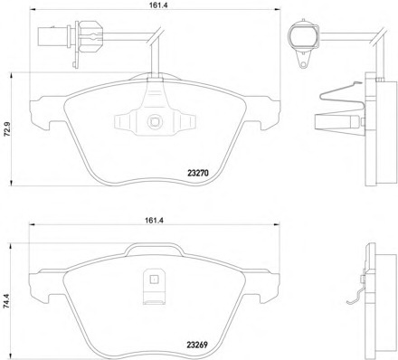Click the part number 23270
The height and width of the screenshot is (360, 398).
pos(198,173)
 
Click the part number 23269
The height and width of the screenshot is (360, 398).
pos(197,345)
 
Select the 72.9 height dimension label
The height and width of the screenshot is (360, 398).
pos(6,129)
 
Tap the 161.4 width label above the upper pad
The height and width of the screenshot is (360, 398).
pos(154,5)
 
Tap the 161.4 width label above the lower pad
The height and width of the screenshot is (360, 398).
pos(154,220)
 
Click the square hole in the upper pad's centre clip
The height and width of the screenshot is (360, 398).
pos(155,121)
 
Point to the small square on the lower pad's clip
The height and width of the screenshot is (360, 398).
pos(154,279)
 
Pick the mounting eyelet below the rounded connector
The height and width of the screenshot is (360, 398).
pos(303,63)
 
